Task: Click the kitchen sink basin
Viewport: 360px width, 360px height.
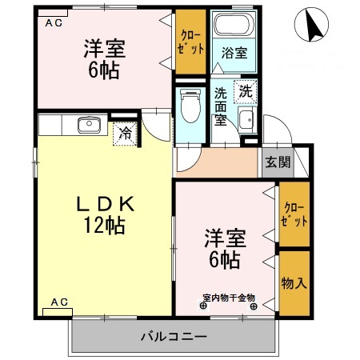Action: (x=86, y=125)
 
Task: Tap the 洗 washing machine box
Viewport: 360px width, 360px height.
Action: (x=246, y=92)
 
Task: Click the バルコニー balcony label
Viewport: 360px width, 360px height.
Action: (x=175, y=336)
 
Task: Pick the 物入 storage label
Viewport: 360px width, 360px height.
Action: (x=294, y=282)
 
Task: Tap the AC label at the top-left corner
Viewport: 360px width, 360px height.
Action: (x=53, y=23)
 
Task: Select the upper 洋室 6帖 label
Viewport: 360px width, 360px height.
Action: (x=102, y=58)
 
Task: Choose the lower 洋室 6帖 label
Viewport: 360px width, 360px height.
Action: (x=224, y=249)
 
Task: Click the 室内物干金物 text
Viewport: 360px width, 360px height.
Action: (x=228, y=298)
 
